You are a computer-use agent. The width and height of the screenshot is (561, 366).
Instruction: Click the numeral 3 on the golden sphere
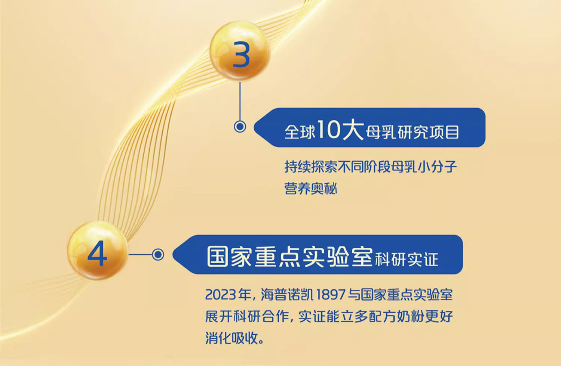[242, 55]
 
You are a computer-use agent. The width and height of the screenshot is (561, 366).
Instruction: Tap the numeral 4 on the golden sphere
[97, 255]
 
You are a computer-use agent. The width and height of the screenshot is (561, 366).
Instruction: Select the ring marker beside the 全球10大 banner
[240, 127]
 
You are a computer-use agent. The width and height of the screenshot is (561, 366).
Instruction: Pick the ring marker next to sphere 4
[158, 255]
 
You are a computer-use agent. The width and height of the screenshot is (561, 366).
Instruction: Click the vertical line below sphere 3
[240, 102]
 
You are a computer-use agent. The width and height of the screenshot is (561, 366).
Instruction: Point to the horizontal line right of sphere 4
[140, 255]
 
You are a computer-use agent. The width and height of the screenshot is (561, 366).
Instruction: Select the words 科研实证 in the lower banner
[407, 259]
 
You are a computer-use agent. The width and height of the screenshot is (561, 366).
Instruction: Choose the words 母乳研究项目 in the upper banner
[413, 132]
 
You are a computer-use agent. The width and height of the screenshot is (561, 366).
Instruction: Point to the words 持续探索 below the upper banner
[310, 167]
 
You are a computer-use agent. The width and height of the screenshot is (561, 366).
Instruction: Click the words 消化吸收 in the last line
[232, 338]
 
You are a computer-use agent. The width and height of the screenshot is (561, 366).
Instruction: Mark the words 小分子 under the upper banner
[437, 167]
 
